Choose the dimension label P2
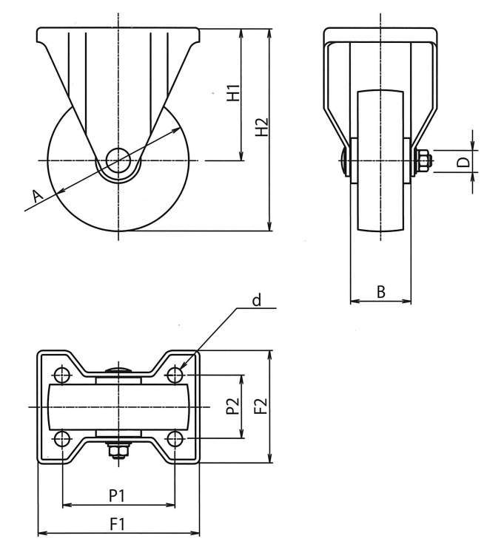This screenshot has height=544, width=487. (x=232, y=406)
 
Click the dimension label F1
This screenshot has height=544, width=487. (x=117, y=523)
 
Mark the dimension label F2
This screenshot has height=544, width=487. (x=260, y=406)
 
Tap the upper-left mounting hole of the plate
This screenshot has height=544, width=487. (x=61, y=373)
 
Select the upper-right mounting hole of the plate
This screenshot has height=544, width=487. (x=175, y=373)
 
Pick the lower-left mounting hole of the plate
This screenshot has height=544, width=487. (x=61, y=439)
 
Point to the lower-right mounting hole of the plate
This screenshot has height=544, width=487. (x=175, y=439)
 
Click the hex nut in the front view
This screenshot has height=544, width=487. (x=424, y=160)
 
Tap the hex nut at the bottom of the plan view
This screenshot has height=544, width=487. (x=118, y=450)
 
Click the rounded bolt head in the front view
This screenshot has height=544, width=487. (x=343, y=160)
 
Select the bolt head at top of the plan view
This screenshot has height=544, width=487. (x=118, y=370)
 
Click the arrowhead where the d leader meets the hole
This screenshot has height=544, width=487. (x=181, y=367)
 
